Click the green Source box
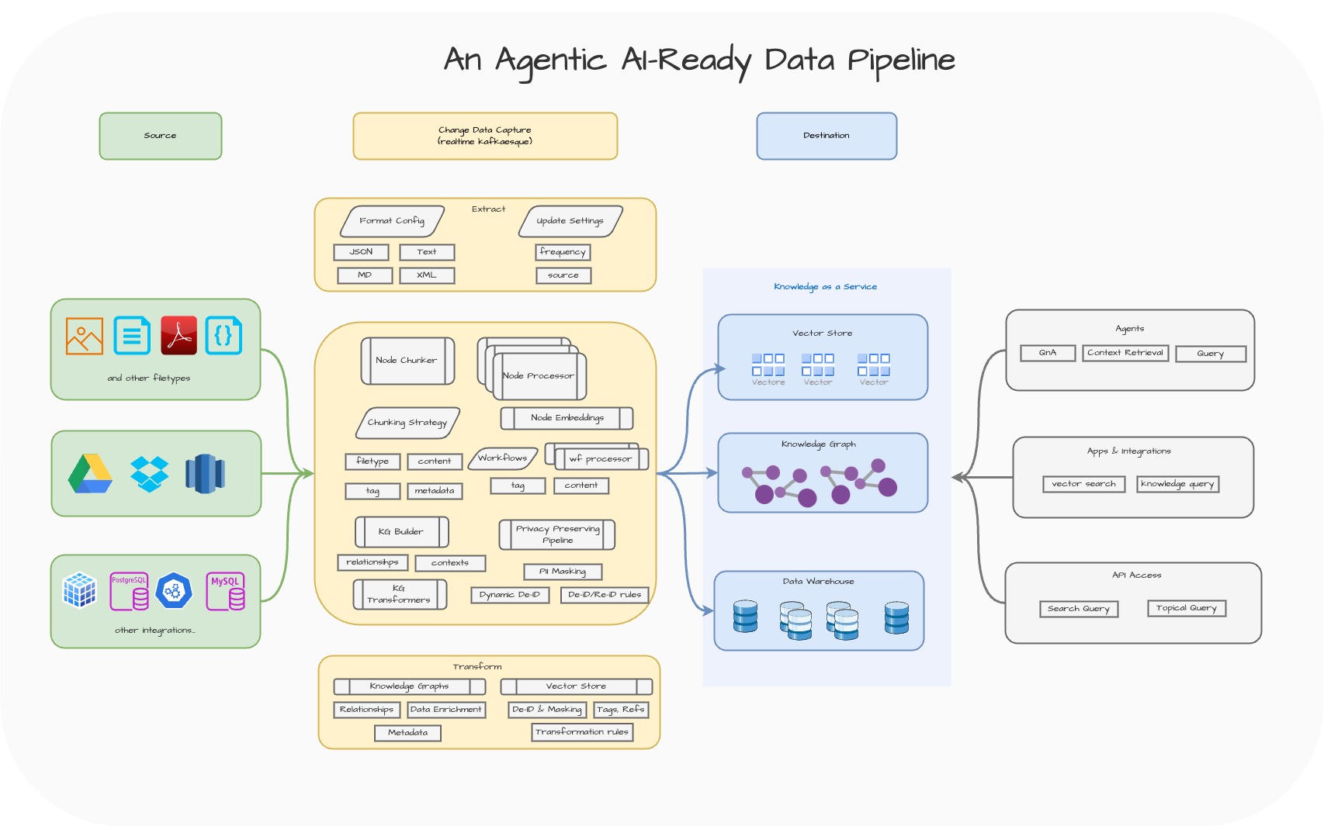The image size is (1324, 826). click(160, 136)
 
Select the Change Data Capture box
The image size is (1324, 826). click(485, 136)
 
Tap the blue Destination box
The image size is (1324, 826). click(827, 136)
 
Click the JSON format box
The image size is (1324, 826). click(361, 252)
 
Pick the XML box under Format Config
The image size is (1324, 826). click(427, 275)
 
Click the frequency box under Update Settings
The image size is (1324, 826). click(563, 252)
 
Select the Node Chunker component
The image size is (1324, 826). click(407, 361)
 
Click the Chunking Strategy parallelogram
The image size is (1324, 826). click(408, 423)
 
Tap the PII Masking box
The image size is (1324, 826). click(563, 572)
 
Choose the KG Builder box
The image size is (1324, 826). click(401, 532)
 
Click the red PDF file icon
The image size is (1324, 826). click(178, 335)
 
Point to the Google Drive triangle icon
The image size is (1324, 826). click(90, 474)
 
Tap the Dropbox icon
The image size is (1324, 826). click(149, 474)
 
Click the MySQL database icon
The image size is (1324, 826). click(226, 592)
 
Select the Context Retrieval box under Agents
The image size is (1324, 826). click(1125, 353)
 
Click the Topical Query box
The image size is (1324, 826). click(1187, 608)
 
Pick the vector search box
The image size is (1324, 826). click(1083, 484)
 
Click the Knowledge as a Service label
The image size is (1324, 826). click(825, 287)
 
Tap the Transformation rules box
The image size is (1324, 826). click(582, 732)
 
